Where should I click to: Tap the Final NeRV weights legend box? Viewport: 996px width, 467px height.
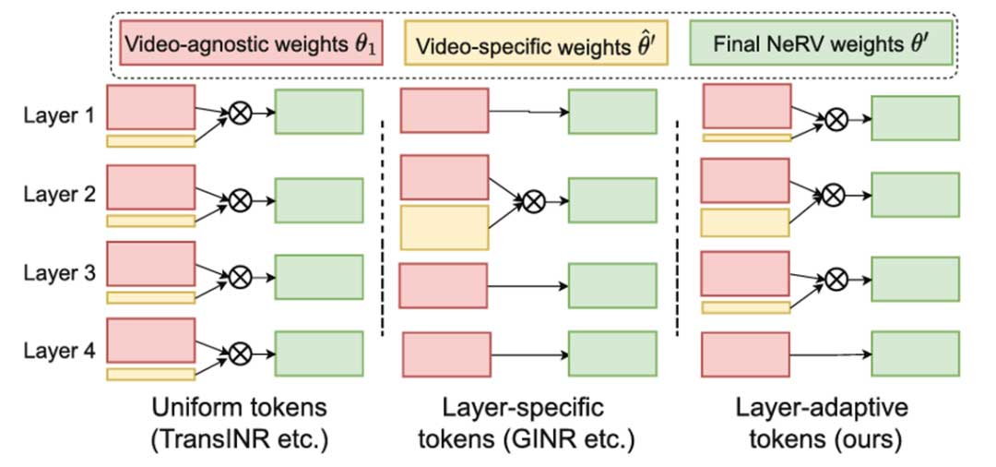point(821,43)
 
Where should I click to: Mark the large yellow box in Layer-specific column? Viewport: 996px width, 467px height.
point(445,227)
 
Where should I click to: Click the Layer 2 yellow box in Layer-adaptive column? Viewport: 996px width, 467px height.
point(745,222)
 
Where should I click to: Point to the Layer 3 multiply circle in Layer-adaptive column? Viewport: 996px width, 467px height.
point(836,275)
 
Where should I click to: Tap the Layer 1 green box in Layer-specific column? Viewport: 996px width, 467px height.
point(612,112)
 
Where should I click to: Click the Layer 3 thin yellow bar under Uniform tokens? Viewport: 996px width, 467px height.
point(150,297)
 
